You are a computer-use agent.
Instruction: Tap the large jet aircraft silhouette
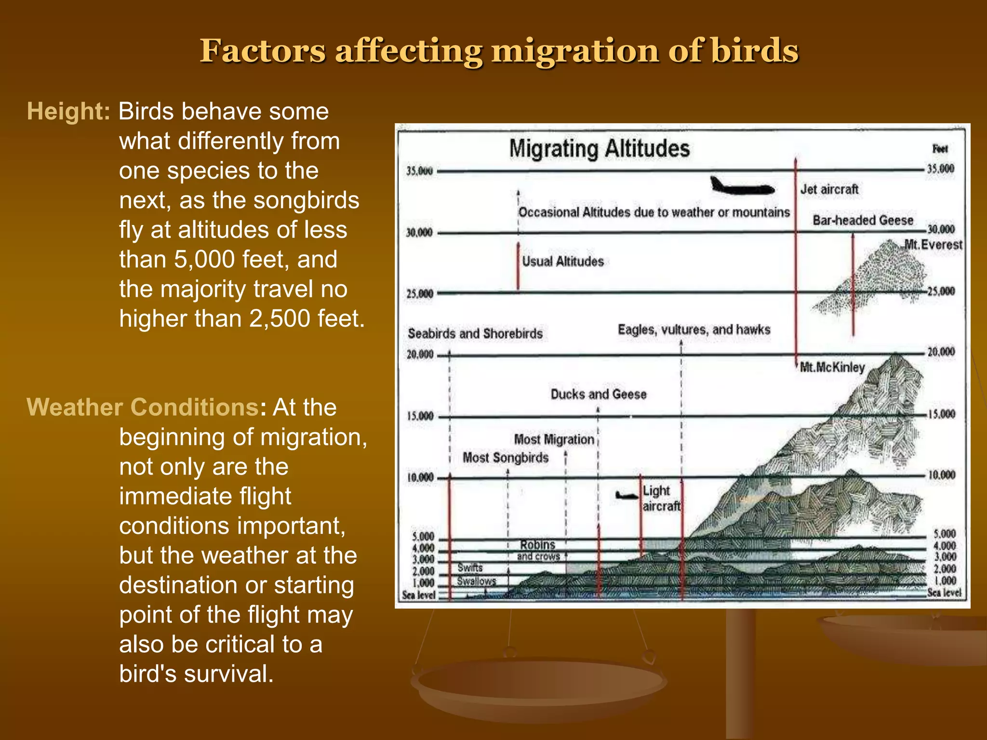coord(741,186)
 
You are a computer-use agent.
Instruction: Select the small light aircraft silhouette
coord(627,495)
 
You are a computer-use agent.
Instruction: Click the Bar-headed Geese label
coord(863,220)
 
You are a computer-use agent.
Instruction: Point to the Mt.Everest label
coord(933,245)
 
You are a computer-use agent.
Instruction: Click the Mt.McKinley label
coord(832,368)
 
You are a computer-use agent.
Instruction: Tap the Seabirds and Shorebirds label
coord(475,333)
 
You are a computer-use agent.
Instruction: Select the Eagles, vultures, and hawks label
coord(694,330)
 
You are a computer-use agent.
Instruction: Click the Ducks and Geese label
coord(599,394)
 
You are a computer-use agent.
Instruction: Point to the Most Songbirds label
coord(506,457)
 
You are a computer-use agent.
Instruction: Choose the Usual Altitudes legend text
coord(563,262)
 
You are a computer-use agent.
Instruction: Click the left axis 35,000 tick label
coord(419,171)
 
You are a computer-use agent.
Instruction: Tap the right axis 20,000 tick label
coord(941,352)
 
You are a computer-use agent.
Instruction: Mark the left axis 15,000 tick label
coord(420,416)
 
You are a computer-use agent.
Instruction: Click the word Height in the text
coord(68,111)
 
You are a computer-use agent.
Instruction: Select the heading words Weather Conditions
coord(143,407)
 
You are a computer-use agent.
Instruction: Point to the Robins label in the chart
coord(537,545)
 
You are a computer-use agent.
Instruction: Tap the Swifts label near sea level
coord(470,568)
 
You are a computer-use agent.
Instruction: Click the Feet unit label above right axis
coord(940,149)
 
